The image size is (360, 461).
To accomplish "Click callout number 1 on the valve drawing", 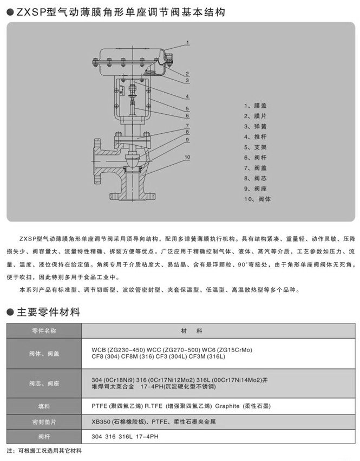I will (187, 42).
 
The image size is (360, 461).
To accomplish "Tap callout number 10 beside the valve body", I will (187, 157).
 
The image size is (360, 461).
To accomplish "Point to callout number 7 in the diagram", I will (187, 125).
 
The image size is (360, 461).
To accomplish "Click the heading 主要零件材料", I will (49, 313).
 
